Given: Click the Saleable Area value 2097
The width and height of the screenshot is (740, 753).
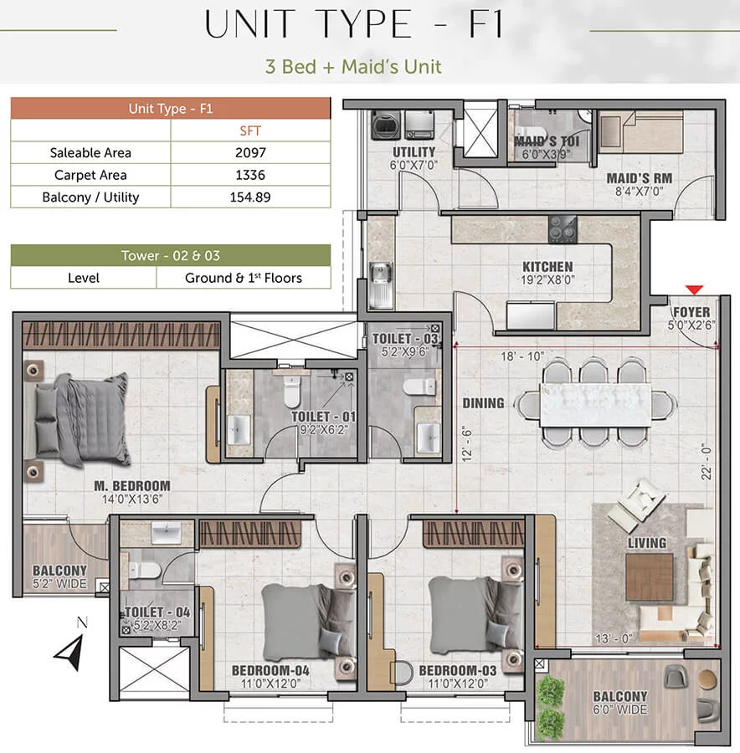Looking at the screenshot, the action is tap(249, 153).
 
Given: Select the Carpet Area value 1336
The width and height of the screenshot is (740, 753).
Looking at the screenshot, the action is tap(249, 175).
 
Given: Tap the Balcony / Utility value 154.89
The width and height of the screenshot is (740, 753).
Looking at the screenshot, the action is tap(249, 197).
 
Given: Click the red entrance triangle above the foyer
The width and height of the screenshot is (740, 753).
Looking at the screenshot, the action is tap(694, 289).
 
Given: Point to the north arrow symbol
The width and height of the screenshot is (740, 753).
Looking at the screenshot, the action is tap(71, 651).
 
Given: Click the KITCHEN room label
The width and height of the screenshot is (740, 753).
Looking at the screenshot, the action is tap(547, 267).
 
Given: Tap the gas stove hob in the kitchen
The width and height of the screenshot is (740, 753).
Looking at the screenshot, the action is tap(563, 229).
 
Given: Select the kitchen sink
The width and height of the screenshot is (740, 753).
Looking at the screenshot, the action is tap(380, 284).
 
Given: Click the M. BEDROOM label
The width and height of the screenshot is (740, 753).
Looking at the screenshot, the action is tap(132, 485).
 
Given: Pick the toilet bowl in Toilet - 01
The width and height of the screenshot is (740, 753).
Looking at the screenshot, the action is tap(291, 391).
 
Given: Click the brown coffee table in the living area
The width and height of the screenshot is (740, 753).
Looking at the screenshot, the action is tap(650, 577).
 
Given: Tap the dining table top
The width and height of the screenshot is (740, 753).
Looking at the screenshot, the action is tap(595, 405).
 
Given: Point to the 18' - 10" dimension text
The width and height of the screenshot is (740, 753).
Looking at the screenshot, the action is tap(522, 356).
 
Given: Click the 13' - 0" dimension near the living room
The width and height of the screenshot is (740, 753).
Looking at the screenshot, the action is tap(614, 638).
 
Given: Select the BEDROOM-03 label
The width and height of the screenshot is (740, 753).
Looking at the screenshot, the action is tap(457, 670).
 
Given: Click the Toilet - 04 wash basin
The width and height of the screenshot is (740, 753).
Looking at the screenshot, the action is tap(167, 531).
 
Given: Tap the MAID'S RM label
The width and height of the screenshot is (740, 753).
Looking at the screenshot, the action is tap(639, 178).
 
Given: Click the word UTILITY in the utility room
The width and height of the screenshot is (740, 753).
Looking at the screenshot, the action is tap(414, 152).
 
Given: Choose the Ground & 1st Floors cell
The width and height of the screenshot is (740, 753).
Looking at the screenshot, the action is tap(243, 278).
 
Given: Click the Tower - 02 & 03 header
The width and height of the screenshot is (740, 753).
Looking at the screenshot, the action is tap(171, 255).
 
